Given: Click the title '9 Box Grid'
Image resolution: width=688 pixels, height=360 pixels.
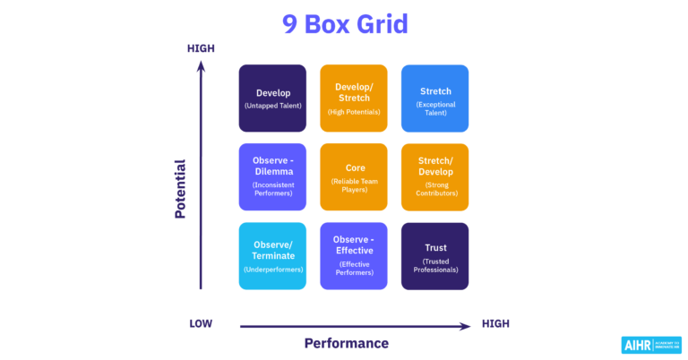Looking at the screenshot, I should pos(345,24).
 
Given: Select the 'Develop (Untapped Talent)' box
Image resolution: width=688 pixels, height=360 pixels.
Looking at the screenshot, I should pos(272,99).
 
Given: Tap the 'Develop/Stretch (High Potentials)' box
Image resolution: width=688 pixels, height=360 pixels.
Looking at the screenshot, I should pos(353,99).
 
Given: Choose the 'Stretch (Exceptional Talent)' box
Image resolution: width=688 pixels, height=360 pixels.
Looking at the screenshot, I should pos(434,99).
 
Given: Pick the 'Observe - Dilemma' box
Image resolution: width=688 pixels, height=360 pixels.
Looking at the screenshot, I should pos(272,177).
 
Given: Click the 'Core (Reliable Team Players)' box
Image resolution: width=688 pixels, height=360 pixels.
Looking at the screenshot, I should pos(353,177).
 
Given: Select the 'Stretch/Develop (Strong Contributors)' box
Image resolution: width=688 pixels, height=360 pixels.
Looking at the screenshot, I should pos(434,177).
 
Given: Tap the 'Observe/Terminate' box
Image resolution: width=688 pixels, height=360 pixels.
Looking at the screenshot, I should pos(272,256).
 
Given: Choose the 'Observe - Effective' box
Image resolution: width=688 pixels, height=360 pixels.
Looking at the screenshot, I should pos(353,256).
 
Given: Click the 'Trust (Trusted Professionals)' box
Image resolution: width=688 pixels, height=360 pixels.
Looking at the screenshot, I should pos(434,256).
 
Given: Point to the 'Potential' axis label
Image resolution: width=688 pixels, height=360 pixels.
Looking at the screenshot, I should pos(180,190).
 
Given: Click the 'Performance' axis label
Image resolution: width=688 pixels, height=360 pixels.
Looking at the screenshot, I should pos(347,343).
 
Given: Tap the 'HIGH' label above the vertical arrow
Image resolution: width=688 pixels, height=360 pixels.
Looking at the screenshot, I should pos(201,48).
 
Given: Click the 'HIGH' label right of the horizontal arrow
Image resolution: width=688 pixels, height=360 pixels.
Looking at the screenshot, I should pos(496,324).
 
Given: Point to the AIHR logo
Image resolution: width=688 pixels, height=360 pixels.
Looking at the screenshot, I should pos(650,345).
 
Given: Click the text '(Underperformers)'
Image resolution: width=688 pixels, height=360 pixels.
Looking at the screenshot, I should pos(272,269).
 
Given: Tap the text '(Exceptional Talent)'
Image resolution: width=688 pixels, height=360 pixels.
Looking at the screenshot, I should pos(434,109).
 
